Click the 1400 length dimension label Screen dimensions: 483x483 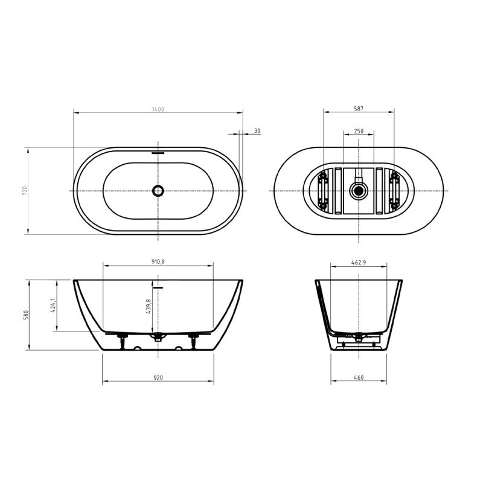[158, 109]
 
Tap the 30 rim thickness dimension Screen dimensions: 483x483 [257, 130]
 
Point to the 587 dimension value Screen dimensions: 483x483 [359, 109]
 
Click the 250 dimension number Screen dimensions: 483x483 [359, 130]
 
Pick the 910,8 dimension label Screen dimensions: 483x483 [158, 262]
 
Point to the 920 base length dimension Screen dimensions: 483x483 [158, 378]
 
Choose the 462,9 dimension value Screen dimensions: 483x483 [359, 262]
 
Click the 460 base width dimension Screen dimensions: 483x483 [359, 378]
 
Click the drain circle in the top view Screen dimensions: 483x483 [158, 191]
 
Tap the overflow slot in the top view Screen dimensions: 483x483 [158, 153]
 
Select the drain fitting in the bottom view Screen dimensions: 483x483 [359, 191]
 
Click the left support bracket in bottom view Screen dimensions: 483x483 [323, 190]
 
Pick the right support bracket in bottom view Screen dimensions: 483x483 [395, 190]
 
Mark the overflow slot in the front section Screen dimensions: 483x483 [158, 288]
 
